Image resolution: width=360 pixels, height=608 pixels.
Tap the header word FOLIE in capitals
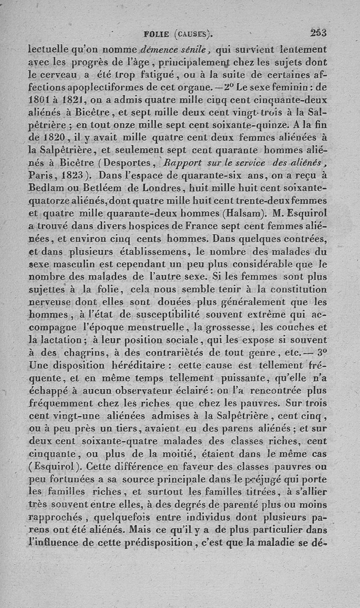pos(156,33)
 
